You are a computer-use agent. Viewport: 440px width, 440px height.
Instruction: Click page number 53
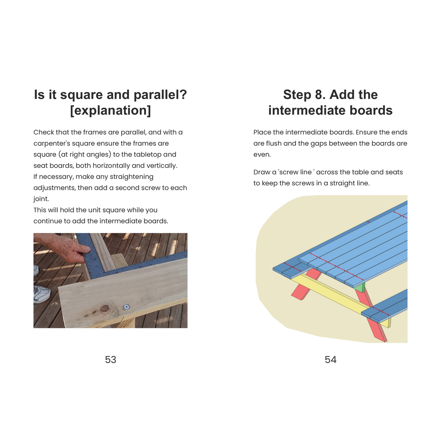click(x=111, y=360)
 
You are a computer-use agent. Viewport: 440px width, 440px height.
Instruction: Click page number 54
click(x=330, y=360)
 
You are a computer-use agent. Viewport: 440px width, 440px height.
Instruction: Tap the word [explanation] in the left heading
click(x=111, y=111)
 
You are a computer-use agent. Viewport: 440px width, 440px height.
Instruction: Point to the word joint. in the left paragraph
click(x=41, y=199)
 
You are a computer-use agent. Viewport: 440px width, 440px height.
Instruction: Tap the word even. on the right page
click(x=262, y=155)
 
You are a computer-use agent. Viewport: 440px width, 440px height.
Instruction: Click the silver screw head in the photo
click(x=126, y=307)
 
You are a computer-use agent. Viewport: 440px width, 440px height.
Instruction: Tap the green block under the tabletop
click(x=360, y=288)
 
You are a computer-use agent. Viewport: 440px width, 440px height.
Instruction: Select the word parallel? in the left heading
click(x=160, y=95)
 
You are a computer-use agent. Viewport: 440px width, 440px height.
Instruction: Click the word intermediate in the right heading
click(x=307, y=111)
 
